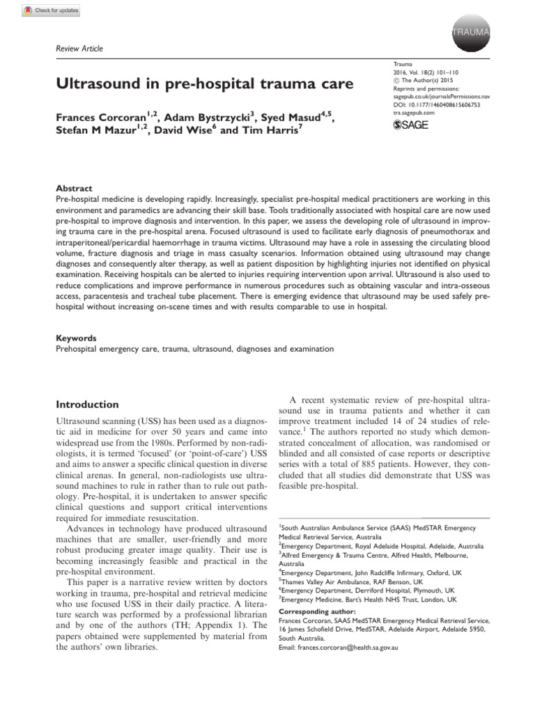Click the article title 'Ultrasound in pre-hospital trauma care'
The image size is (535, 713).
click(x=204, y=85)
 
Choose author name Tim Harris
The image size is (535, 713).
click(x=273, y=131)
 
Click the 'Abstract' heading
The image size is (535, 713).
click(x=74, y=188)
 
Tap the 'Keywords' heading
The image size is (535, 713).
click(x=76, y=338)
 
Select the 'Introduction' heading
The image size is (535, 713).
click(x=87, y=404)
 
